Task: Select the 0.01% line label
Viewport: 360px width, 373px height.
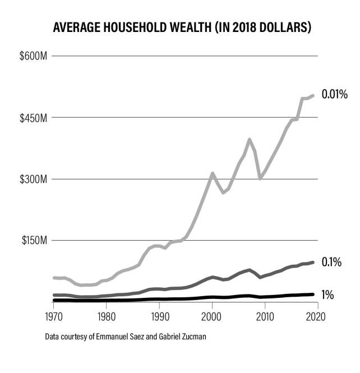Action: tap(335, 94)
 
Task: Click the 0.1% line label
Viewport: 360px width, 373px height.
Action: tap(331, 262)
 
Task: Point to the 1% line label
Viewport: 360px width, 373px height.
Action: tap(328, 294)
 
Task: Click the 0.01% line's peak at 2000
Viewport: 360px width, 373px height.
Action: tap(213, 173)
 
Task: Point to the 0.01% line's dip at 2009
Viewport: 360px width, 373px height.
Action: tap(260, 178)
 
